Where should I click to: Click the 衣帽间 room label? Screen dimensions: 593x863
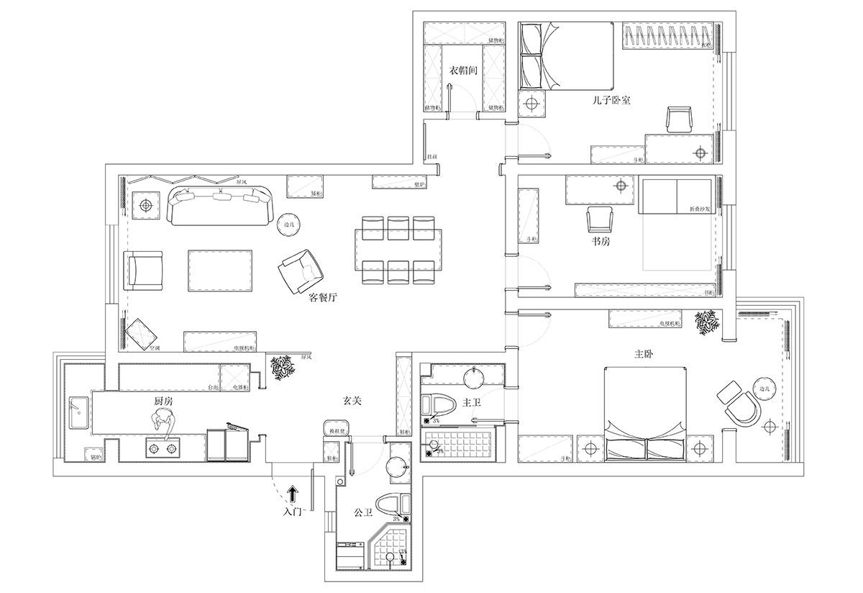tap(464, 71)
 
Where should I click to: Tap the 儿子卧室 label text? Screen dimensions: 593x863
tap(611, 101)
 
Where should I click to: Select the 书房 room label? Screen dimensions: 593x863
tap(601, 242)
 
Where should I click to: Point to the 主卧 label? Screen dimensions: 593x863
tap(644, 355)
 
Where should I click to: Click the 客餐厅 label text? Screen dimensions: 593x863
tap(323, 298)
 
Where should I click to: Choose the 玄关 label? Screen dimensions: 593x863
tap(352, 400)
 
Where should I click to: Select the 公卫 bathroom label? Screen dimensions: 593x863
tap(363, 513)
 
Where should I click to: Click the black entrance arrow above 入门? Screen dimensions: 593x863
tap(293, 493)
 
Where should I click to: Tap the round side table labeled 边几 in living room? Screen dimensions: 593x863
tap(289, 225)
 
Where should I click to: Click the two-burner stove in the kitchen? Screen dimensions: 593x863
tap(162, 449)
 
